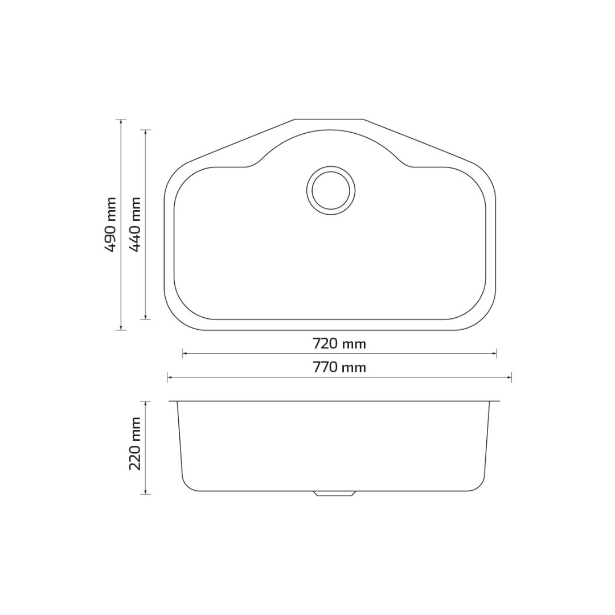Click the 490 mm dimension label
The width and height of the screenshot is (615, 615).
point(111,224)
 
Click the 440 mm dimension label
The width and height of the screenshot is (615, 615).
point(135,224)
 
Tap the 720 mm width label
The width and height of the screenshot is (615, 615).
point(339,343)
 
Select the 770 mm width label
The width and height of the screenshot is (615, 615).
point(339,367)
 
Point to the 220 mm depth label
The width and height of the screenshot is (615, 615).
point(135,444)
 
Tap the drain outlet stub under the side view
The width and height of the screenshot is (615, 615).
point(335,494)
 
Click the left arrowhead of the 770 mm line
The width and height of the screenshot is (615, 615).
point(170,378)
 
